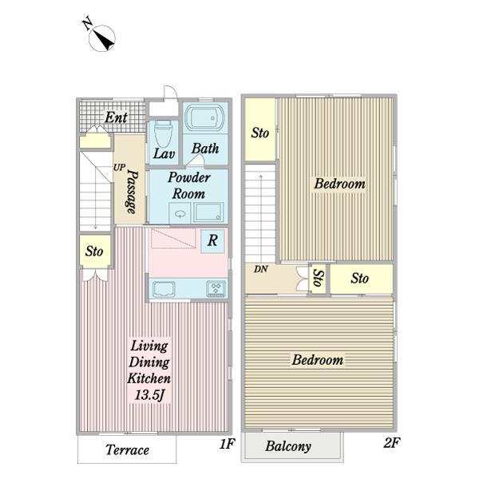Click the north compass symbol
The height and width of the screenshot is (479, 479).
[x=101, y=38]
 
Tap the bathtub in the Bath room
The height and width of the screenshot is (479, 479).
[x=204, y=117]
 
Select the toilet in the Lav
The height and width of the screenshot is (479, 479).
[x=163, y=133]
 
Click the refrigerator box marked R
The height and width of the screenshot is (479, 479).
[x=212, y=241]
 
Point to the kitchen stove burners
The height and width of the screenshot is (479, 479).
[x=216, y=288]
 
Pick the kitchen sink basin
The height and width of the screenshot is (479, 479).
[x=164, y=289]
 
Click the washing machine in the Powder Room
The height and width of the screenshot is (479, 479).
[x=208, y=212]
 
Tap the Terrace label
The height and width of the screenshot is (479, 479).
[x=128, y=450]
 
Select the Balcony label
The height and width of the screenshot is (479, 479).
[x=288, y=446]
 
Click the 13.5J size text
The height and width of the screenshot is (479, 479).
[x=149, y=395]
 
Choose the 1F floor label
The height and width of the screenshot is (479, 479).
[x=227, y=444]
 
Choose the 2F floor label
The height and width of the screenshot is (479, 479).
[x=392, y=442]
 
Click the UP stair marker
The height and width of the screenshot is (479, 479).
[x=120, y=168]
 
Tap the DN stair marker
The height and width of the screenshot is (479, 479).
[x=260, y=269]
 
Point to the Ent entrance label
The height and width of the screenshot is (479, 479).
[x=116, y=117]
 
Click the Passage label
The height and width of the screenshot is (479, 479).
[x=133, y=192]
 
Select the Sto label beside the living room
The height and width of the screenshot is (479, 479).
[x=94, y=251]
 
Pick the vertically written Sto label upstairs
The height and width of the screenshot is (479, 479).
[x=319, y=278]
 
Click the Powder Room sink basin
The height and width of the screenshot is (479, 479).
[x=180, y=213]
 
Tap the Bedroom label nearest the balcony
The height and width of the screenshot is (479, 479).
[x=318, y=359]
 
